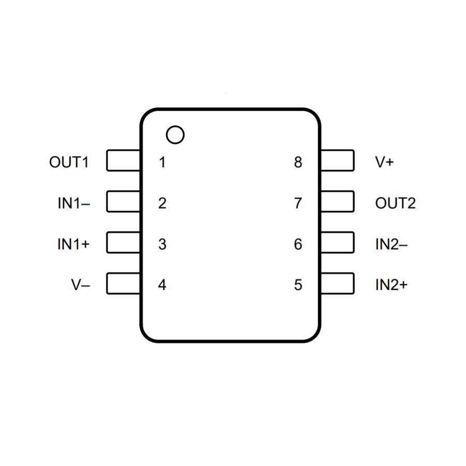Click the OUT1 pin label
tap(69, 162)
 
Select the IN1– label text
tap(74, 203)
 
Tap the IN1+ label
tap(74, 244)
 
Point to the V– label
tap(81, 285)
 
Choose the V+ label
tap(384, 162)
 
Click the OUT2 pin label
tap(395, 203)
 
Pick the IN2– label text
tap(391, 244)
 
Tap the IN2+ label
tap(391, 285)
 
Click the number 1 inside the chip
tap(162, 162)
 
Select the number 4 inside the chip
tap(162, 285)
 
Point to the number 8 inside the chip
tap(298, 162)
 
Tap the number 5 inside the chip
tap(298, 285)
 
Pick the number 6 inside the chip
tap(298, 244)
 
